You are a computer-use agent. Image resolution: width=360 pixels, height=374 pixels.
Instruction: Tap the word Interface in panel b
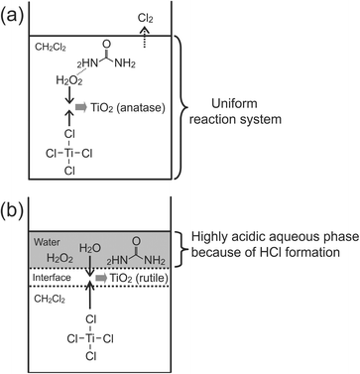point(54,279)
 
